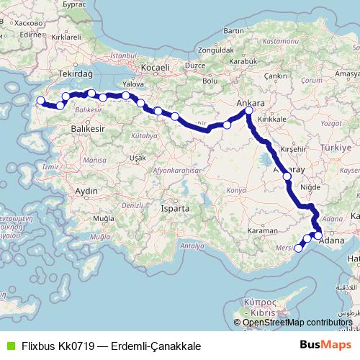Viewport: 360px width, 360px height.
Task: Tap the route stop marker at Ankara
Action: click(248, 111)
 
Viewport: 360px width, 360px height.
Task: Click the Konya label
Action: click(236, 190)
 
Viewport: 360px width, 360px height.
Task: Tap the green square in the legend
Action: click(9, 346)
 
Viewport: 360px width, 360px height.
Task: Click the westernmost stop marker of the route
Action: click(40, 102)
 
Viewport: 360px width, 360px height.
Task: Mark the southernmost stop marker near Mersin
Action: click(299, 248)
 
